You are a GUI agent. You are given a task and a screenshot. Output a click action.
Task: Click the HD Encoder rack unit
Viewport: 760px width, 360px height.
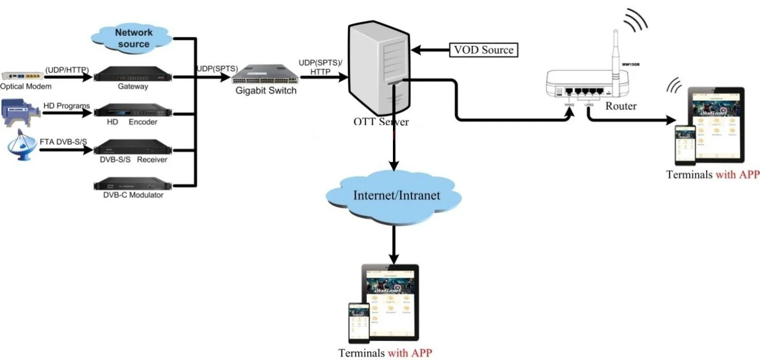point(132,110)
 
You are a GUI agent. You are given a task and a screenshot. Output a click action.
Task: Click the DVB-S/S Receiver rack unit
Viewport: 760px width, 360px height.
point(132,146)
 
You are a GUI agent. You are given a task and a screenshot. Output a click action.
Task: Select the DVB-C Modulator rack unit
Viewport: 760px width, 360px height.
point(132,184)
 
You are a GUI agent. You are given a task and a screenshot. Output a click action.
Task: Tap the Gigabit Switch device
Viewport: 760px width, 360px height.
point(264,75)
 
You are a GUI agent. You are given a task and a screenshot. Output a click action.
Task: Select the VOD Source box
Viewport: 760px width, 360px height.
point(483,50)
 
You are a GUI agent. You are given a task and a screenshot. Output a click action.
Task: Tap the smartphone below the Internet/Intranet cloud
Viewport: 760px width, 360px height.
point(359,323)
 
